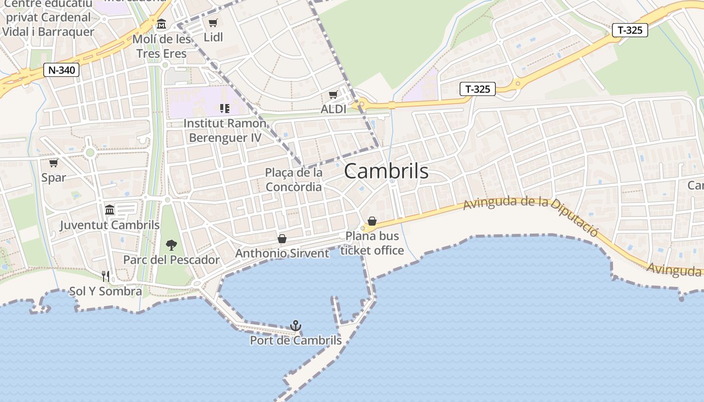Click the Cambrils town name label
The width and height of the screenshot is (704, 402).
pyautogui.click(x=386, y=172)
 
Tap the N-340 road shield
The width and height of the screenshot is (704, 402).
pyautogui.click(x=62, y=70)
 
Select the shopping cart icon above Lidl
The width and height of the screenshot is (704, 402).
pyautogui.click(x=213, y=23)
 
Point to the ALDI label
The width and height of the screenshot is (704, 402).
pyautogui.click(x=333, y=109)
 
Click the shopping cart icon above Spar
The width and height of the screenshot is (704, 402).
pyautogui.click(x=53, y=163)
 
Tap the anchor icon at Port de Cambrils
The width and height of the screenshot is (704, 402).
pyautogui.click(x=296, y=326)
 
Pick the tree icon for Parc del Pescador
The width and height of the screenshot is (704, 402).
pyautogui.click(x=171, y=245)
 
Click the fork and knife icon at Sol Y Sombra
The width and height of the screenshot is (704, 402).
pyautogui.click(x=106, y=276)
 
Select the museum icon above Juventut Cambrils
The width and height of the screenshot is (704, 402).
pyautogui.click(x=110, y=210)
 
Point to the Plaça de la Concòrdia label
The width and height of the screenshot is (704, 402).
pyautogui.click(x=294, y=180)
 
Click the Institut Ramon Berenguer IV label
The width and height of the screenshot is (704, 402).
pyautogui.click(x=225, y=130)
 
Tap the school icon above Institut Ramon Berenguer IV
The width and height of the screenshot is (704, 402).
pyautogui.click(x=224, y=108)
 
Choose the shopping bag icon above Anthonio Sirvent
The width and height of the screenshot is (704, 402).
pyautogui.click(x=282, y=238)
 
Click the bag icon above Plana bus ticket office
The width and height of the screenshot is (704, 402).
pyautogui.click(x=372, y=221)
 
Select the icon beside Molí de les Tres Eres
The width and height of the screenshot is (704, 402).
pyautogui.click(x=161, y=24)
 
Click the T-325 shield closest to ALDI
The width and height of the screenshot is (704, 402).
pyautogui.click(x=477, y=89)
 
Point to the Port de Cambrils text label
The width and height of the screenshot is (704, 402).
pyautogui.click(x=296, y=341)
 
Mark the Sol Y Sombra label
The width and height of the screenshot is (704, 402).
pyautogui.click(x=106, y=291)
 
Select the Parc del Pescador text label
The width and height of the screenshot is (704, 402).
pyautogui.click(x=171, y=260)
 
